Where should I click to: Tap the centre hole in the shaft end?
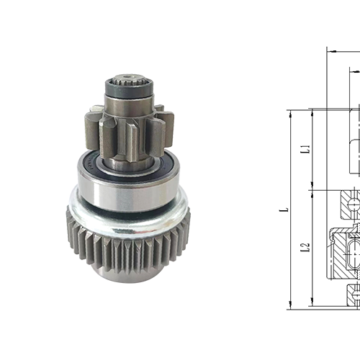130,76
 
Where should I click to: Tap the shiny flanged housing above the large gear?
126,216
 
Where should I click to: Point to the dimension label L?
284,210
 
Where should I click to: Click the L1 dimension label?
305,150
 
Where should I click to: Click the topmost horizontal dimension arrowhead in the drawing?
330,51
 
